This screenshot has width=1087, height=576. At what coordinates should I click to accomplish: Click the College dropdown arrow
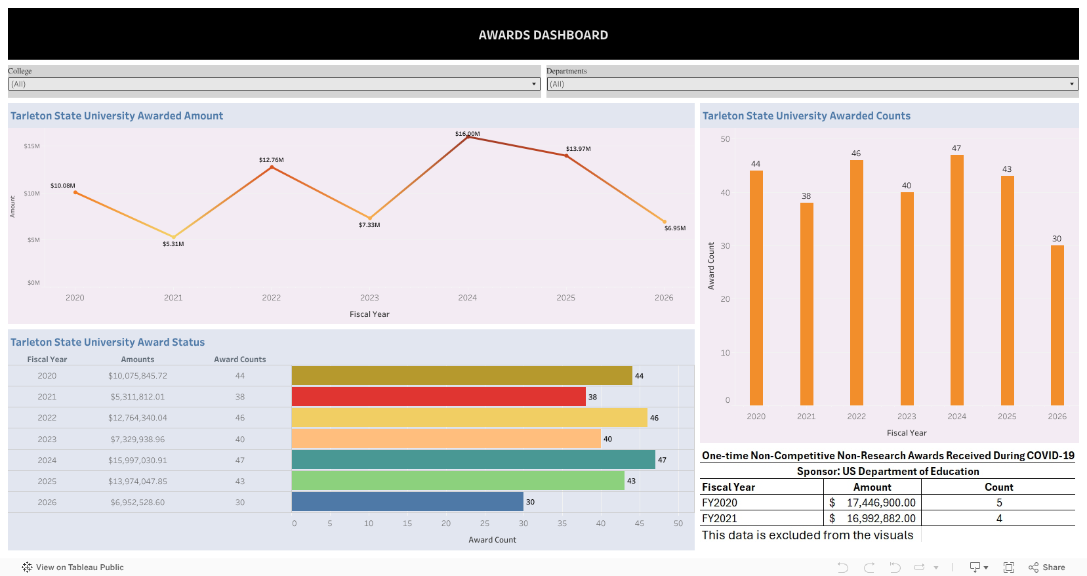(534, 84)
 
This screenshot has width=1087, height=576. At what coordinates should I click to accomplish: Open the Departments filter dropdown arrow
(1072, 84)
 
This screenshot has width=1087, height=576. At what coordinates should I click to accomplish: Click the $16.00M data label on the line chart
(467, 134)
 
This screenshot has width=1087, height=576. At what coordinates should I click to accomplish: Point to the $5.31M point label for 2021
(173, 244)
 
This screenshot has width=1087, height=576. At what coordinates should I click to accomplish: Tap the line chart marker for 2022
(272, 167)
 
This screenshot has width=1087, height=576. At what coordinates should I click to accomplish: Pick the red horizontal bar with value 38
(438, 397)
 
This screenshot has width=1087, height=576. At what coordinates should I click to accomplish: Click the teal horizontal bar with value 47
(473, 460)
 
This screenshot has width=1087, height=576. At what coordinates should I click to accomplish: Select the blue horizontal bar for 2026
(407, 502)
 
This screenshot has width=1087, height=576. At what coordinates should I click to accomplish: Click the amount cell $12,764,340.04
(138, 418)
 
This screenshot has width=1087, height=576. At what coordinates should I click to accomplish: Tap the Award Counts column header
(239, 360)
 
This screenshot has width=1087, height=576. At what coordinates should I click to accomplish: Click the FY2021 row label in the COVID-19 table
(720, 518)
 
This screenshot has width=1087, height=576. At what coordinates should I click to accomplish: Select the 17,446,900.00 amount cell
(880, 503)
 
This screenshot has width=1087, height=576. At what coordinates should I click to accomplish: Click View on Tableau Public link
(79, 567)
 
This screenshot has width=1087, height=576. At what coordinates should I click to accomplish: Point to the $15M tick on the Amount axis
(31, 146)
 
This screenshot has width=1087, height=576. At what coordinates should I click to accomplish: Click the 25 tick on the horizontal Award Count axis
(484, 524)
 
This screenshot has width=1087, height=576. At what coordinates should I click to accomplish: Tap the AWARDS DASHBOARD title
(543, 35)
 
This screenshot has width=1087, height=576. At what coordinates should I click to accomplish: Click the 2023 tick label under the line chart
(369, 298)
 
